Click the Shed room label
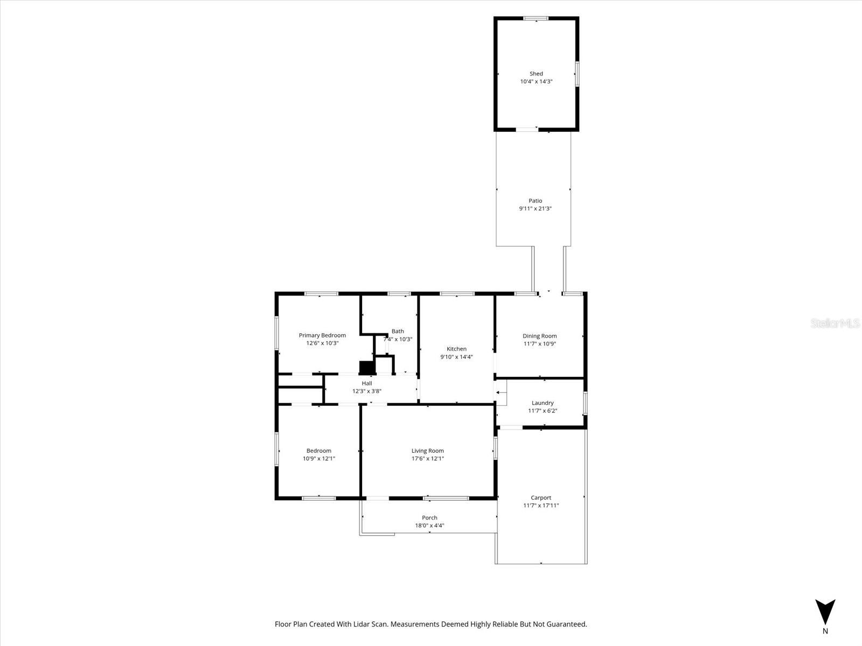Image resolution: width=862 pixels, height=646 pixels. point(536,74)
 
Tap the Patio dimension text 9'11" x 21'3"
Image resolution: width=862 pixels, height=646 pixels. point(535,209)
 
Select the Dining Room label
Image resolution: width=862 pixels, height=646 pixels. point(539,336)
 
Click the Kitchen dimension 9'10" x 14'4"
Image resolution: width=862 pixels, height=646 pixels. point(456,357)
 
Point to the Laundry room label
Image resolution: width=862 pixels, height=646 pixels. point(543,403)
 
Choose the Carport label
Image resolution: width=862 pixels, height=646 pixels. point(541,498)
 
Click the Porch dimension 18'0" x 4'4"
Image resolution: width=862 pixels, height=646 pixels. point(429,526)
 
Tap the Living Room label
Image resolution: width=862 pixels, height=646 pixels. point(428,451)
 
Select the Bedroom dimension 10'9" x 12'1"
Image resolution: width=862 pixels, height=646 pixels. point(319,459)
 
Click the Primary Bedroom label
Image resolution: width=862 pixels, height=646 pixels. point(322,335)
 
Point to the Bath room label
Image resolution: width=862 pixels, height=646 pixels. point(398,332)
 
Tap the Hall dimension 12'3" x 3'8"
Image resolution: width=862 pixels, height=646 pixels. point(367,391)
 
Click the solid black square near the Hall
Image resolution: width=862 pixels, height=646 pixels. point(367,367)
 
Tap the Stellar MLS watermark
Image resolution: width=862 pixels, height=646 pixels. point(836,324)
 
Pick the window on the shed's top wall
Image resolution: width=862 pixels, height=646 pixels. point(536,19)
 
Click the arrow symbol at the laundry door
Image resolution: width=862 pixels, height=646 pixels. point(499,394)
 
